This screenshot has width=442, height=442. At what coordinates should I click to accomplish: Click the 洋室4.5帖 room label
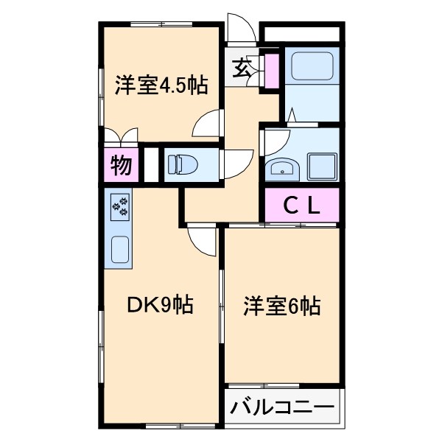[x=160, y=85]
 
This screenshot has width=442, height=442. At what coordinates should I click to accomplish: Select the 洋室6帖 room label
[x=283, y=305]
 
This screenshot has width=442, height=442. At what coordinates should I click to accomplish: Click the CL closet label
[x=302, y=206]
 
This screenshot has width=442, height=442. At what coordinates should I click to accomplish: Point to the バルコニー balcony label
[x=282, y=407]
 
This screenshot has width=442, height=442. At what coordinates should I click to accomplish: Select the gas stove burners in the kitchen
[x=120, y=208]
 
